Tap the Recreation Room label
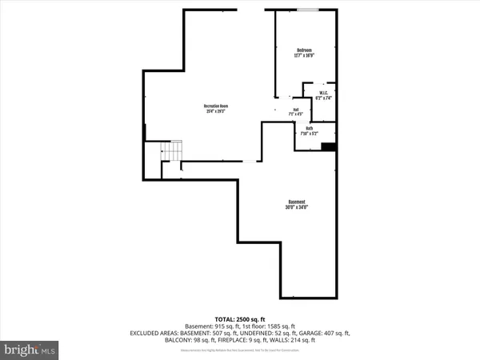pyautogui.click(x=217, y=106)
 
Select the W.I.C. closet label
pyautogui.click(x=323, y=92)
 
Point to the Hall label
pyautogui.click(x=295, y=110)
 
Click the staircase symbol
pyautogui.click(x=171, y=150)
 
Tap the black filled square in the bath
pyautogui.click(x=327, y=146)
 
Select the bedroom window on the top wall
pyautogui.click(x=307, y=10)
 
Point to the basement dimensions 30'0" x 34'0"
pyautogui.click(x=297, y=207)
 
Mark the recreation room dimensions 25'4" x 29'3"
pyautogui.click(x=217, y=111)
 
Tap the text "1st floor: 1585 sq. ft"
pyautogui.click(x=270, y=326)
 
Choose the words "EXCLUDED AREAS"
pyautogui.click(x=153, y=334)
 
